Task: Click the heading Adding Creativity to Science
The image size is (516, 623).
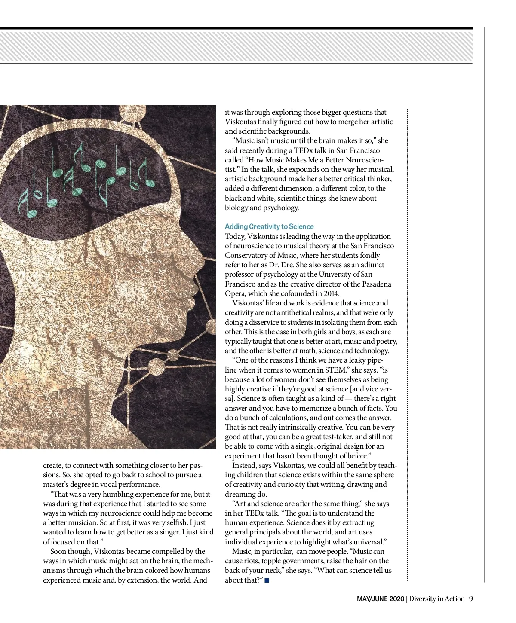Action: coord(269,226)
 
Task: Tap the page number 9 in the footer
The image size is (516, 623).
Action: coord(471,599)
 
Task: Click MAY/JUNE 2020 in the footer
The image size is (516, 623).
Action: coord(380,599)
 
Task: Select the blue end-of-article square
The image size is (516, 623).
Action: coord(267,580)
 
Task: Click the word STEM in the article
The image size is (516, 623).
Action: coord(337,370)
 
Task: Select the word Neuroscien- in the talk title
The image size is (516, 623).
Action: coord(364,160)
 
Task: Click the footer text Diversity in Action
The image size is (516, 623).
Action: coord(437,599)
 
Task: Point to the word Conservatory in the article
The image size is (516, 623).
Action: coord(247,255)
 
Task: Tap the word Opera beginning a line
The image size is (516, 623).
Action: coord(235,293)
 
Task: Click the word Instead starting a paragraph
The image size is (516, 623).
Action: coord(246,466)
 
